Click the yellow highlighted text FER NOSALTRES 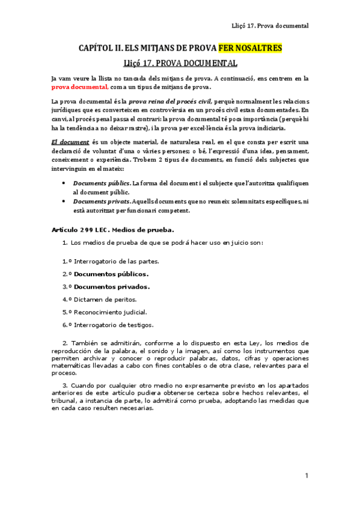(x=250, y=48)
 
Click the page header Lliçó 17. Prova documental (x=270, y=26)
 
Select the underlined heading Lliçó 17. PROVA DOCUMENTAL (x=180, y=63)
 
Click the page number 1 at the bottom (x=307, y=476)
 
